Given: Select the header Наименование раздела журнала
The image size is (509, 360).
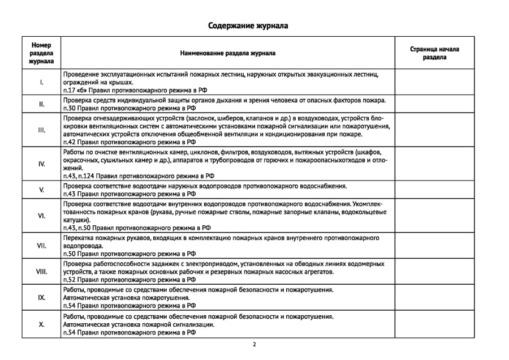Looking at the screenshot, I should [x=228, y=53].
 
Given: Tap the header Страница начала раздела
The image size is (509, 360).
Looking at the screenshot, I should [x=434, y=53].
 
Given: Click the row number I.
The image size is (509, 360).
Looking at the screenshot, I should [x=41, y=82].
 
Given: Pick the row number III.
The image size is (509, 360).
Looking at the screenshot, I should [x=41, y=130].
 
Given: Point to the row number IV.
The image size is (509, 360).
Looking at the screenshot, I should [x=41, y=164].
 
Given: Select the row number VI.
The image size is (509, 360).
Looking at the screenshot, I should [x=41, y=216].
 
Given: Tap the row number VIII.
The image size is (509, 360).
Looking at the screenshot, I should [x=41, y=272].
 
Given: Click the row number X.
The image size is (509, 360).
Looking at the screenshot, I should [x=41, y=325].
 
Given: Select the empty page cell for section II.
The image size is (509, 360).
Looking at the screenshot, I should [x=434, y=104].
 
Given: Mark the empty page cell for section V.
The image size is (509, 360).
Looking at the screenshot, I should [x=434, y=190].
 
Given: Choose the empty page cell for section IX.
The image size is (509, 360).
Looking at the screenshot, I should [x=434, y=297].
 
